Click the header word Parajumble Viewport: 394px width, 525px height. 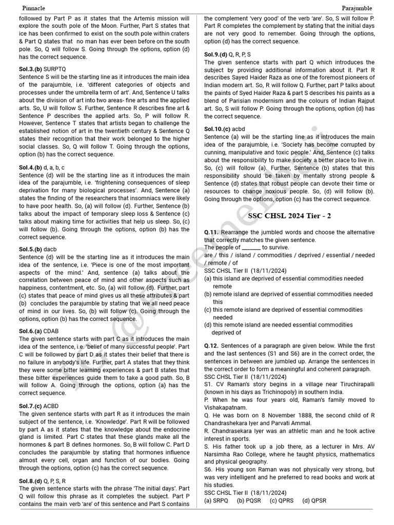tap(357, 8)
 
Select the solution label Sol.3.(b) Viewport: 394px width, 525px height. tap(30, 68)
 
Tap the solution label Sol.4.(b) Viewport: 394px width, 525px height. tap(30, 168)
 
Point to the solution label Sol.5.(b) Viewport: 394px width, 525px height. tap(30, 249)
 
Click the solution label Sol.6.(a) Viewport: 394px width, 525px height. tap(30, 331)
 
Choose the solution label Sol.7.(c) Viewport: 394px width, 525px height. tap(30, 406)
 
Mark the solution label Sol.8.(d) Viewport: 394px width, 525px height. tap(30, 481)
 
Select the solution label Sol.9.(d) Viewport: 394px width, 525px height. tap(215, 54)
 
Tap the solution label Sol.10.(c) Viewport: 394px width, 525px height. tap(217, 129)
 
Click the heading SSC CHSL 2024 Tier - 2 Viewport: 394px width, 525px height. tap(289, 216)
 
